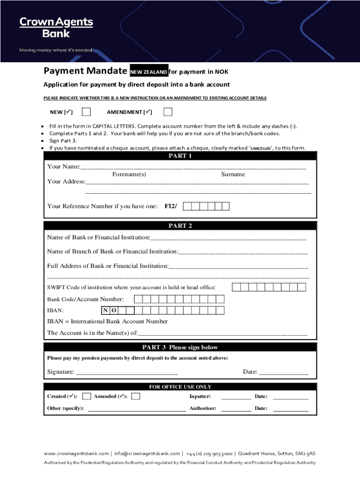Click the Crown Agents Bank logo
(x=56, y=28)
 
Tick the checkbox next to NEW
(x=86, y=112)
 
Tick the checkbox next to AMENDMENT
(x=168, y=112)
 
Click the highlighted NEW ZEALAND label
(x=148, y=72)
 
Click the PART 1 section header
(x=180, y=156)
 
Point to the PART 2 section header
(x=180, y=226)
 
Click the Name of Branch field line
(x=243, y=253)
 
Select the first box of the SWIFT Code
(x=236, y=287)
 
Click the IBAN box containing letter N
(x=106, y=311)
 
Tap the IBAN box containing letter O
(x=114, y=311)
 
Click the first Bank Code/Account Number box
(x=146, y=299)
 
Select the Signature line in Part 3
(x=127, y=373)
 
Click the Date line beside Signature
(x=283, y=373)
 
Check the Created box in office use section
(x=86, y=396)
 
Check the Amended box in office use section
(x=136, y=396)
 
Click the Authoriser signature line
(x=236, y=409)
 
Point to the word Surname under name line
(x=233, y=174)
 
